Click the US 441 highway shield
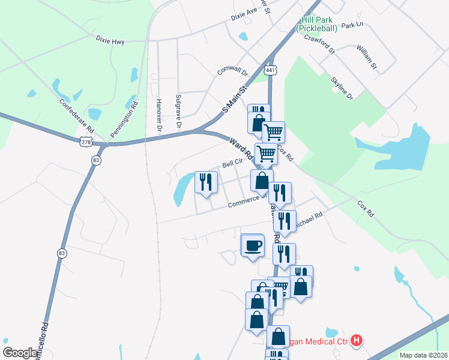click(x=271, y=71)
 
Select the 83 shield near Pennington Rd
click(x=96, y=160)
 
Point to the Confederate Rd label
click(x=77, y=115)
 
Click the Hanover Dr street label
click(x=159, y=115)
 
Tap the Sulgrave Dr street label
click(x=178, y=110)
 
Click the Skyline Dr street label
click(x=342, y=88)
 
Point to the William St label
click(x=366, y=56)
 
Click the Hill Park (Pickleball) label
click(x=318, y=23)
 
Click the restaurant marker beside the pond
click(x=206, y=182)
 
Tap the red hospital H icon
click(x=357, y=341)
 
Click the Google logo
click(x=20, y=353)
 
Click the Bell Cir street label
click(x=232, y=163)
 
